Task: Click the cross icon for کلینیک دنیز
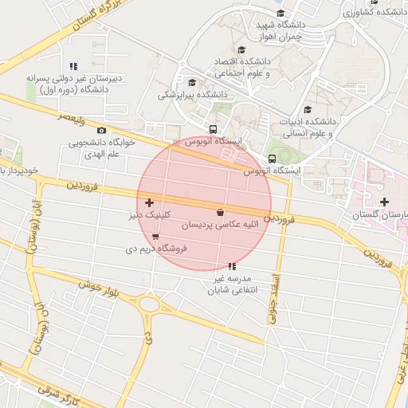[150, 204]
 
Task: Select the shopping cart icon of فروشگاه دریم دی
[155, 237]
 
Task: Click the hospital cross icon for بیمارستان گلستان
[384, 202]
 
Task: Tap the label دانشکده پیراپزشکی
[192, 95]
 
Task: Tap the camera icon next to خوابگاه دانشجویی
[101, 130]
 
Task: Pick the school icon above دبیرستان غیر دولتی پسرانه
[74, 66]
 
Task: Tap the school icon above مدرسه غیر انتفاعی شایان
[231, 266]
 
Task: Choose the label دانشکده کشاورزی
[375, 13]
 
